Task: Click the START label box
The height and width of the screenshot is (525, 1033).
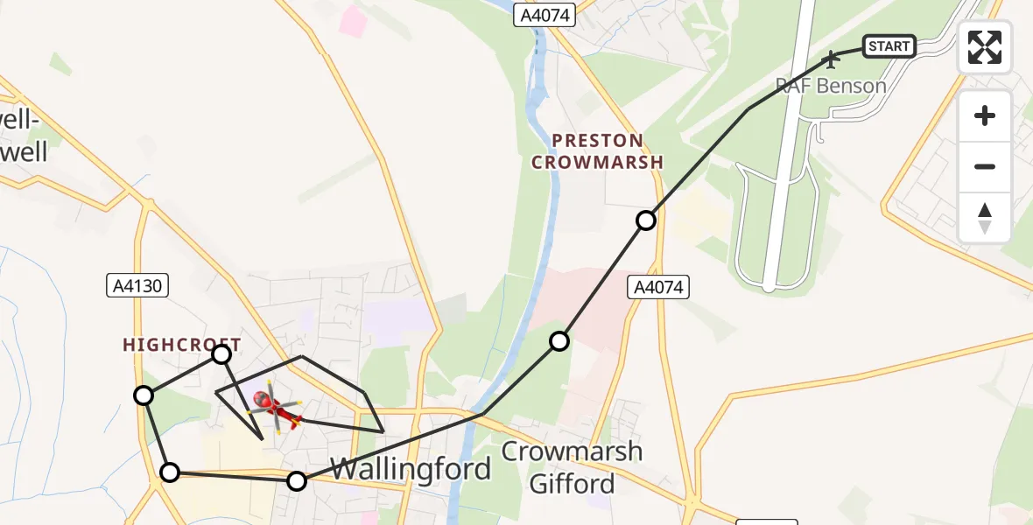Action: (889, 45)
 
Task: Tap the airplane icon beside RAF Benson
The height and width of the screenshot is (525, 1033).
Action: (831, 59)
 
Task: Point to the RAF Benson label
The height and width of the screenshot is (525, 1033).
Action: (831, 86)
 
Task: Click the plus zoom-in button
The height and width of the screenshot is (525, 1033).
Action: (985, 115)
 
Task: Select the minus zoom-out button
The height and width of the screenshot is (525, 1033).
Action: (985, 166)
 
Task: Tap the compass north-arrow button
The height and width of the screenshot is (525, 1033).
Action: (985, 217)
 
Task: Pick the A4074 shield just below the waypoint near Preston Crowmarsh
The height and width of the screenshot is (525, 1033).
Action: (658, 286)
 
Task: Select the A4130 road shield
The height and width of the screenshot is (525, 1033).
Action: (136, 284)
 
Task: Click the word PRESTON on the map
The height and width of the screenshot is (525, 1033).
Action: (598, 141)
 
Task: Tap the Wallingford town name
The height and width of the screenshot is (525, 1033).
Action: (410, 469)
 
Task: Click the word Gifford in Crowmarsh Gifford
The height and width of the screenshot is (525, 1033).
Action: (573, 484)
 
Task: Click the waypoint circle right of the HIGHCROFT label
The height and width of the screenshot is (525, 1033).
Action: (221, 353)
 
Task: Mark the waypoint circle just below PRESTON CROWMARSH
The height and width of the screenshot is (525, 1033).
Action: (645, 220)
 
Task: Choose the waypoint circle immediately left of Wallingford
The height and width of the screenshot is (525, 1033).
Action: (297, 480)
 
